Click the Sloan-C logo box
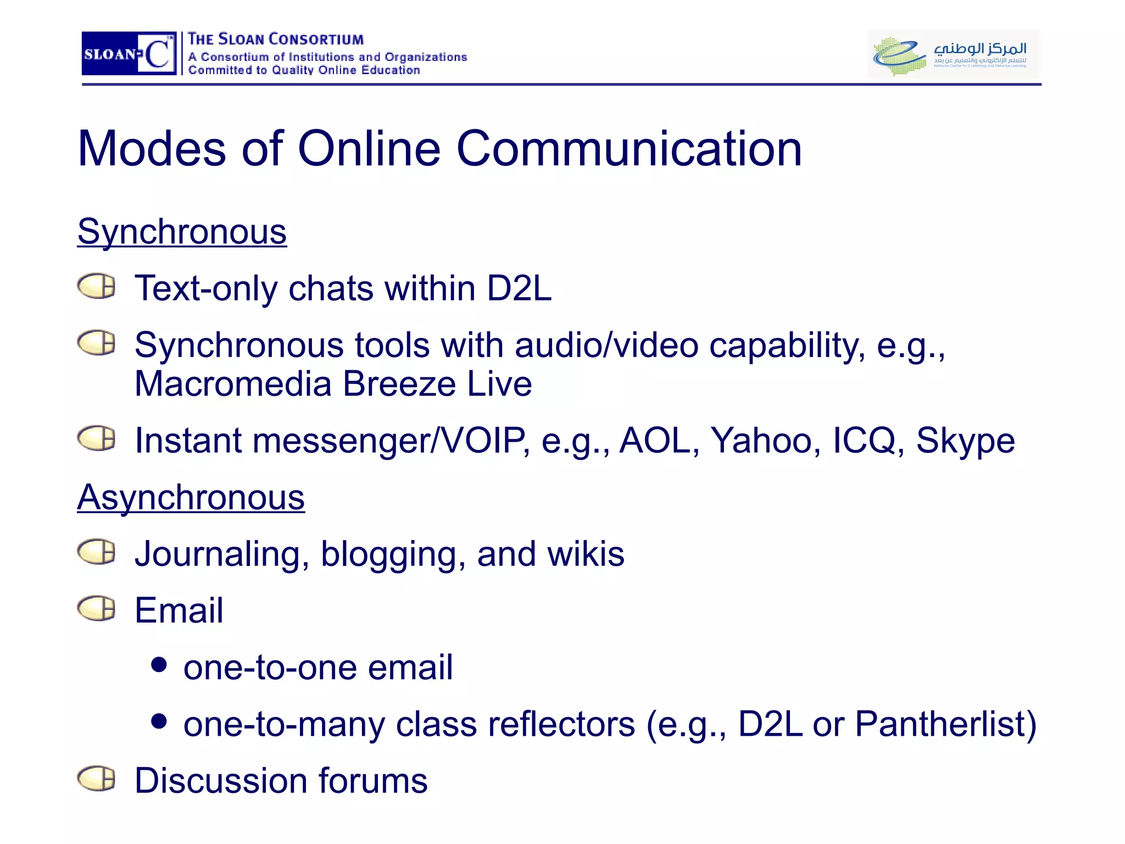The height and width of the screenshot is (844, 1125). (129, 53)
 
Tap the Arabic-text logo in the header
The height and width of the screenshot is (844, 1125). (954, 54)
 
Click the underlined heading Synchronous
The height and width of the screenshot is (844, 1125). (182, 231)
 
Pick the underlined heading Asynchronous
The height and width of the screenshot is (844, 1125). (191, 497)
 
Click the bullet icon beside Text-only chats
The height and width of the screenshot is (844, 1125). (97, 286)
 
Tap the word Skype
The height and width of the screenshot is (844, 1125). (965, 441)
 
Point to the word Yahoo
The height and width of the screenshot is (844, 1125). (761, 441)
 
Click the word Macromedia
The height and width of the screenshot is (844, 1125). (233, 384)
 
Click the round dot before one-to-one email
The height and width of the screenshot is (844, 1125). (159, 664)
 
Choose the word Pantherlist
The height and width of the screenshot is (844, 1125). (939, 724)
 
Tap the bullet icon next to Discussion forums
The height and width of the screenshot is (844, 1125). (97, 779)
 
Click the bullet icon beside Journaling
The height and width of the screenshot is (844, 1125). (97, 552)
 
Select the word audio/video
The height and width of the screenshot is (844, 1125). (606, 346)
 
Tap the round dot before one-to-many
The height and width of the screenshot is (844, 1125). (159, 721)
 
